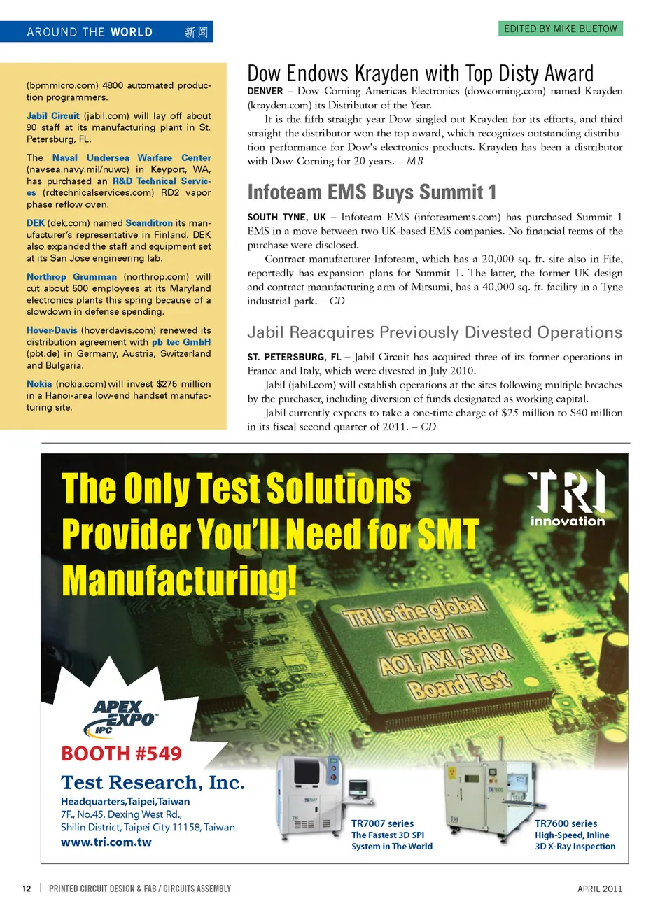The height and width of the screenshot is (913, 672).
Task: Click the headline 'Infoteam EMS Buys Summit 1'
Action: [x=372, y=192]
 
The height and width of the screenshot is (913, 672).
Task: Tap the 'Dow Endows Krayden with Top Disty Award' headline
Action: [x=420, y=73]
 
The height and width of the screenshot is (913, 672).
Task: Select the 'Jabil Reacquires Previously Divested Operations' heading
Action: [x=434, y=332]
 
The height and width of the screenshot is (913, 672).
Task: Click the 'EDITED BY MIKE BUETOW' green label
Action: [x=561, y=29]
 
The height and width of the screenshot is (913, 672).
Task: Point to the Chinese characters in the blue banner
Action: [x=196, y=32]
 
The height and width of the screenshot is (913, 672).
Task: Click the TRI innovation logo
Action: [x=567, y=497]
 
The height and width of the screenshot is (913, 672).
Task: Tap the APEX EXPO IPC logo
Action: [x=124, y=717]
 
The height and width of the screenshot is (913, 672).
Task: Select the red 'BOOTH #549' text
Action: [x=121, y=753]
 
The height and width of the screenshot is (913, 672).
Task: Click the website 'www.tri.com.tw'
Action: [x=106, y=842]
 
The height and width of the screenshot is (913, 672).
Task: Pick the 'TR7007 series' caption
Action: [x=382, y=823]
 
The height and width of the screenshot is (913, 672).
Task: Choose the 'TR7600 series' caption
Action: [x=566, y=823]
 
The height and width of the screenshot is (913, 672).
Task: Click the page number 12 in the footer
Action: [x=27, y=889]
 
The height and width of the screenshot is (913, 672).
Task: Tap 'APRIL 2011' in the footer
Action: [x=599, y=889]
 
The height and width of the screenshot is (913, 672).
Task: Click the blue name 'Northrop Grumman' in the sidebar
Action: [x=71, y=277]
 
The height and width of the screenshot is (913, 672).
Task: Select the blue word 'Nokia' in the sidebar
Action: [x=39, y=384]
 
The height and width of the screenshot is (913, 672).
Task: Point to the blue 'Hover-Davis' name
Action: [x=52, y=330]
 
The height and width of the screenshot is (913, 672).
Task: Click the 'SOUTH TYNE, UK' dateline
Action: [x=286, y=218]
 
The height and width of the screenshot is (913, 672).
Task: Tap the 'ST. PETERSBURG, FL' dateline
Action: [x=294, y=358]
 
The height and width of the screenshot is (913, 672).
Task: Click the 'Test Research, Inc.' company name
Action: [x=153, y=782]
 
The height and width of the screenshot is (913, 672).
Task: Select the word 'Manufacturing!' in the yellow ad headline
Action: [x=179, y=581]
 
